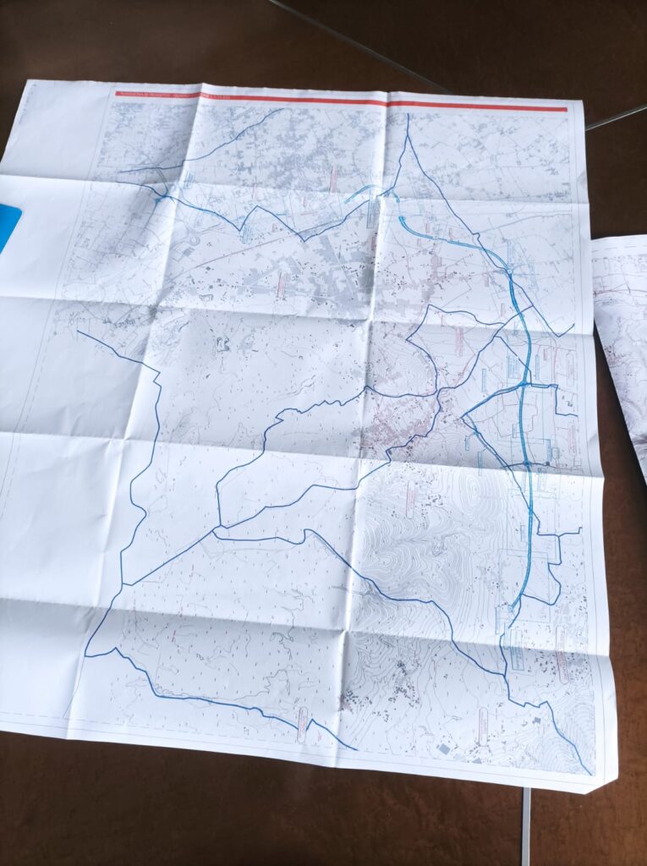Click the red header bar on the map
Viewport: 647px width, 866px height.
pyautogui.click(x=338, y=101)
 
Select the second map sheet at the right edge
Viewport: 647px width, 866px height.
pyautogui.click(x=622, y=338)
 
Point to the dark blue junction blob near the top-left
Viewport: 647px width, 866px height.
pyautogui.click(x=159, y=200)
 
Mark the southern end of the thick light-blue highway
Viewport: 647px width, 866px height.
pyautogui.click(x=513, y=606)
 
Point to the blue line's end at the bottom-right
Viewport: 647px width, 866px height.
pyautogui.click(x=589, y=773)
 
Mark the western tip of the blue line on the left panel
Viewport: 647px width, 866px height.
pyautogui.click(x=78, y=332)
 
